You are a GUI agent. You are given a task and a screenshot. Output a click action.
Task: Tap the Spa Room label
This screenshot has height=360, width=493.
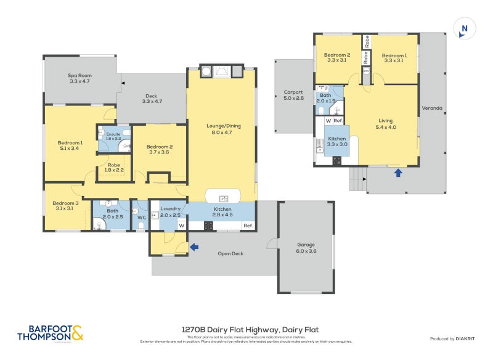(x=79, y=78)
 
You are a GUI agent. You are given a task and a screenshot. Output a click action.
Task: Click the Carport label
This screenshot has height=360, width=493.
(x=293, y=94)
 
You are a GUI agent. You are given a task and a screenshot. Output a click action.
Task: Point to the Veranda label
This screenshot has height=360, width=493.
(x=431, y=108)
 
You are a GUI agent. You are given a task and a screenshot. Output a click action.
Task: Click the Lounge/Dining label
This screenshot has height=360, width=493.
(x=221, y=128)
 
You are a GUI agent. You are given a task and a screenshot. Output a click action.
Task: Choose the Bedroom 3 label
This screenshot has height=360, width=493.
(x=65, y=206)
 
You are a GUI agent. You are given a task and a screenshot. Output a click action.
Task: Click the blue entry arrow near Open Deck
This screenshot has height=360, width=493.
(x=195, y=247)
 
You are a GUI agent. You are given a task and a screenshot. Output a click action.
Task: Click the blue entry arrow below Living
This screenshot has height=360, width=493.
(x=398, y=173)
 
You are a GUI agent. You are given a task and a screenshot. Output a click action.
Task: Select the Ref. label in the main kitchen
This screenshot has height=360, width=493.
(x=248, y=226)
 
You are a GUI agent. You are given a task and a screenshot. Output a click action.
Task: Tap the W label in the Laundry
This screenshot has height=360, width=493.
(x=182, y=226)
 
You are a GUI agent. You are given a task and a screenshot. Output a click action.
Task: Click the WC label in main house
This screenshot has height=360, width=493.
(x=141, y=217)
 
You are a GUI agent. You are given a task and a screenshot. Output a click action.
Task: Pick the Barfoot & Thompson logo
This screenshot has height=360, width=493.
(x=50, y=333)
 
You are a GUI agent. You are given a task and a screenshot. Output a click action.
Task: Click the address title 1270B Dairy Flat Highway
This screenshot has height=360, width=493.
(x=250, y=329)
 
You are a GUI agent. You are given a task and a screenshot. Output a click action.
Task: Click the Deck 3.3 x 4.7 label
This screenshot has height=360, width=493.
(x=151, y=99)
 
